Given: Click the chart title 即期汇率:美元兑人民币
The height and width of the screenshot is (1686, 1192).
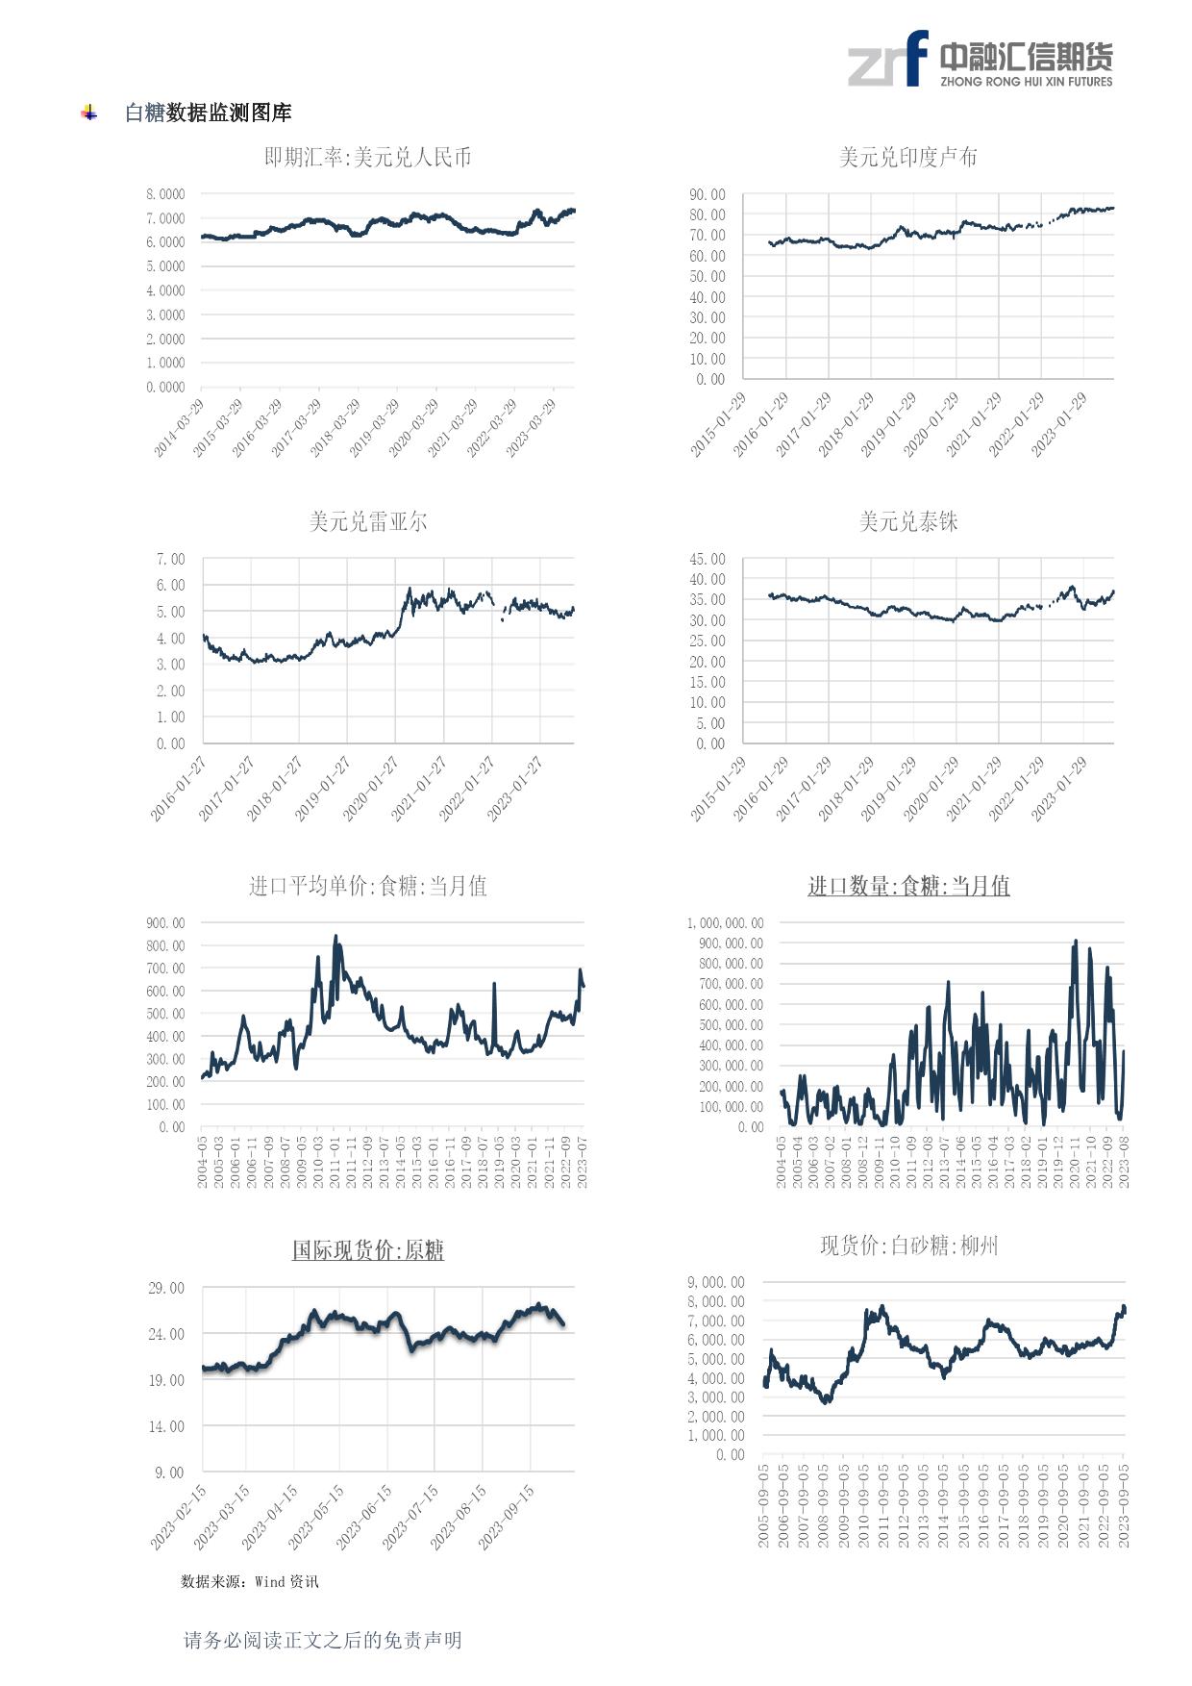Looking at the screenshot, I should [368, 157].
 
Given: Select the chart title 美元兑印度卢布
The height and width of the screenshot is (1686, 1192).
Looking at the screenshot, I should [907, 157].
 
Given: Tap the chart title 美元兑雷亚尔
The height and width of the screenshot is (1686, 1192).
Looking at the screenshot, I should [368, 521].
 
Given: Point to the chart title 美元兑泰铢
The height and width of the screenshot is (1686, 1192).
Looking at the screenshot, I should [907, 521].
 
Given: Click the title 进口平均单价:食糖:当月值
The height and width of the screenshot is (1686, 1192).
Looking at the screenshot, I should [368, 886].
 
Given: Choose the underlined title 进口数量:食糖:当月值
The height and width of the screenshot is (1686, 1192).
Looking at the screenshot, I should [907, 886].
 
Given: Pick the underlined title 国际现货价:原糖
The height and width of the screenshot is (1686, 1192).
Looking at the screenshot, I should [368, 1250].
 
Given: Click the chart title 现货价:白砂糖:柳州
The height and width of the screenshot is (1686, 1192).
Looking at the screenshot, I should [907, 1246].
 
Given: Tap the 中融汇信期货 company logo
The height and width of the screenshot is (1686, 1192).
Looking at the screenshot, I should [980, 59].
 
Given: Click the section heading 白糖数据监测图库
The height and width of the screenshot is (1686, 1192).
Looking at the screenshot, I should [208, 113].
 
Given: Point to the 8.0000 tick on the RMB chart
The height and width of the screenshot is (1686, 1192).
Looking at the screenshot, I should [165, 194].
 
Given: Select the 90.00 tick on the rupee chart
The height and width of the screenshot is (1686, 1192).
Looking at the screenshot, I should [707, 194].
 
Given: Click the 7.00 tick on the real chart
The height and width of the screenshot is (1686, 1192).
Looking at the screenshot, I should [170, 559].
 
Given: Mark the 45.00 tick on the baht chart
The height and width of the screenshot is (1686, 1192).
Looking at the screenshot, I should [707, 559].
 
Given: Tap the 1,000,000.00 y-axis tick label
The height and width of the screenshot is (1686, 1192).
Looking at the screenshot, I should [725, 923].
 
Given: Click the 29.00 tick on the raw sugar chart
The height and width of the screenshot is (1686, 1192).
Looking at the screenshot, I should [166, 1288].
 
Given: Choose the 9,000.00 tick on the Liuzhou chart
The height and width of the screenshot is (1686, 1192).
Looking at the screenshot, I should [715, 1282].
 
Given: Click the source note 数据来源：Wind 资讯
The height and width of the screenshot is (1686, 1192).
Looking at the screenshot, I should [249, 1581].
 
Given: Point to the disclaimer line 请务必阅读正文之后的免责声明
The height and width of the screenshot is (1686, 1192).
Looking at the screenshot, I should [322, 1640].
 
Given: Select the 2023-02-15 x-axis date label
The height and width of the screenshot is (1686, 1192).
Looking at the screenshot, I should [180, 1517].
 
